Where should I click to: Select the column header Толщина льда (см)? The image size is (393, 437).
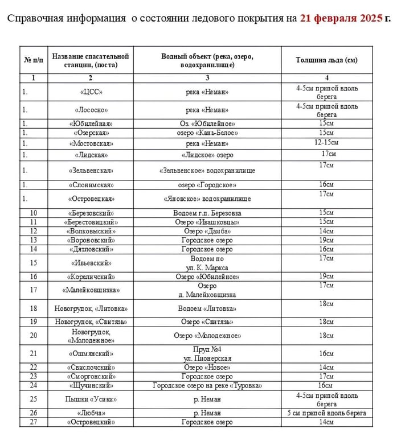(326, 60)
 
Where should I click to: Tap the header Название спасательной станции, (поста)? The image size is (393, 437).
(91, 60)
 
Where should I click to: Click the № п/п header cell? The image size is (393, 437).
(33, 60)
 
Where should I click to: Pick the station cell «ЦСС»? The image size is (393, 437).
(91, 92)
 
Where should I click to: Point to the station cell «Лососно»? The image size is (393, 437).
(91, 110)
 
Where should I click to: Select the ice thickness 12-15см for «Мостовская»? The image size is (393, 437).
(326, 142)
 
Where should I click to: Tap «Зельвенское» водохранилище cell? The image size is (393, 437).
(207, 171)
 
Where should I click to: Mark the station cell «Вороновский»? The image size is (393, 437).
(91, 240)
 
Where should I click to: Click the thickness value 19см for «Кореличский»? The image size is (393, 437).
(326, 277)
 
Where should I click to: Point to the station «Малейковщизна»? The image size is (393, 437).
(91, 290)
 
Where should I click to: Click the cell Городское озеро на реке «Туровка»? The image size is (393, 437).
(207, 386)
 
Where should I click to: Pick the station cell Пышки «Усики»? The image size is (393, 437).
(91, 399)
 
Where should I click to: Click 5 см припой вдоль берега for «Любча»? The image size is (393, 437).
(326, 413)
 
